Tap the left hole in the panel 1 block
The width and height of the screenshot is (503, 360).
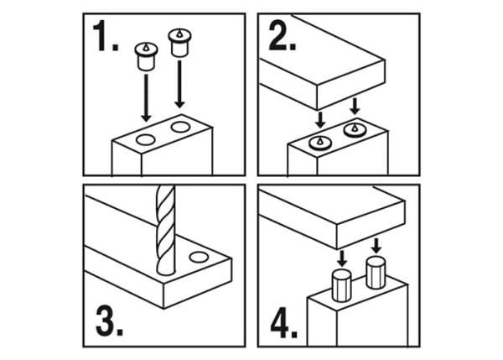click(x=144, y=137)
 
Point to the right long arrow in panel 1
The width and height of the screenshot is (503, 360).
click(x=178, y=84)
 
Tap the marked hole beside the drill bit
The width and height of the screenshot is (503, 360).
click(x=199, y=253)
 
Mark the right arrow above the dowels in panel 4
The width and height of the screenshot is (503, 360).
click(x=376, y=245)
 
